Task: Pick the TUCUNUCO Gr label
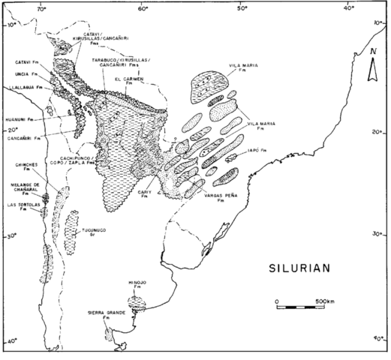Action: click(95, 232)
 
